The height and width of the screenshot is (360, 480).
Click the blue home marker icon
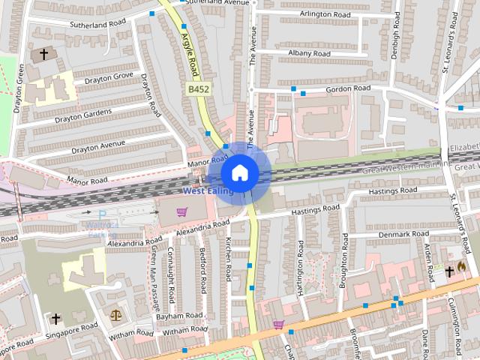[239, 172]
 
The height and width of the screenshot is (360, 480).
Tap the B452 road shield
[197, 89]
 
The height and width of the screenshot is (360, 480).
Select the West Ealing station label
[208, 191]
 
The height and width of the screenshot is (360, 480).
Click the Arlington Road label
[325, 14]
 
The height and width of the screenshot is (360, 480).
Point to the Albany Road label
[310, 54]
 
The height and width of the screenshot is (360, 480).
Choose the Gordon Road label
[349, 88]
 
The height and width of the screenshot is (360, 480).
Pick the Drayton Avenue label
[98, 142]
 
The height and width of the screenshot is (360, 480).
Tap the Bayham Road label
[181, 316]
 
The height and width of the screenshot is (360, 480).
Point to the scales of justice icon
[115, 316]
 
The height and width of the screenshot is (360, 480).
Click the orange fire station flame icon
[461, 267]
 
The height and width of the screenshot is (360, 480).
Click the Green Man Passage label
[155, 279]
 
